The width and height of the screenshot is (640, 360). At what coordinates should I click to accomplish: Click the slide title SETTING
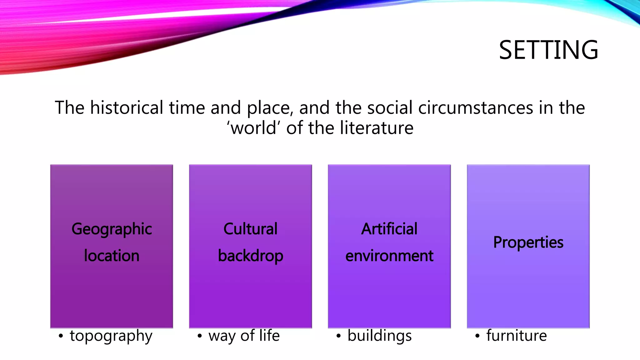pyautogui.click(x=548, y=50)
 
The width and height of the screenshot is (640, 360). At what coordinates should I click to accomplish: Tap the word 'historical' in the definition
pyautogui.click(x=127, y=108)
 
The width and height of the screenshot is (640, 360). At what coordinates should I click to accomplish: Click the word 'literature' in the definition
pyautogui.click(x=377, y=128)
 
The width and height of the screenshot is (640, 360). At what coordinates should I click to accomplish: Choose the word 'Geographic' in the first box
pyautogui.click(x=112, y=229)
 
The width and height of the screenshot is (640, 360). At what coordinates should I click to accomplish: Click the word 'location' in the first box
pyautogui.click(x=112, y=256)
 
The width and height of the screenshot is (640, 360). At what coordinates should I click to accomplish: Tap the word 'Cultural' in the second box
pyautogui.click(x=250, y=229)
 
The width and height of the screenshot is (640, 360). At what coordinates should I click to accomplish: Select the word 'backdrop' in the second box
pyautogui.click(x=250, y=256)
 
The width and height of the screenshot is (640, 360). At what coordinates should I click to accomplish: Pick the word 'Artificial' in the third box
pyautogui.click(x=389, y=229)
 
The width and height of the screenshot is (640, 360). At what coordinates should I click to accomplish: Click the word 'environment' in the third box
pyautogui.click(x=389, y=256)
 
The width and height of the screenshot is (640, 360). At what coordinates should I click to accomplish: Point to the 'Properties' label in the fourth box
pyautogui.click(x=528, y=242)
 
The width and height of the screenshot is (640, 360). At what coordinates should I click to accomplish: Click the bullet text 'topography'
pyautogui.click(x=111, y=336)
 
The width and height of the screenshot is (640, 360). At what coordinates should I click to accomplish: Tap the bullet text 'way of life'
pyautogui.click(x=244, y=336)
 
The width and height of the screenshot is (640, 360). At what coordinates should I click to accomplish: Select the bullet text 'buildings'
pyautogui.click(x=379, y=336)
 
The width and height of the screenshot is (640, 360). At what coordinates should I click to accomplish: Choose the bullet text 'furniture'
pyautogui.click(x=516, y=336)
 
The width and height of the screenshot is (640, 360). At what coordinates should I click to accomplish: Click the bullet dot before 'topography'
pyautogui.click(x=61, y=337)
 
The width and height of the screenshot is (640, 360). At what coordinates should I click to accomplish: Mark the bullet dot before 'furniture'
pyautogui.click(x=477, y=337)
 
